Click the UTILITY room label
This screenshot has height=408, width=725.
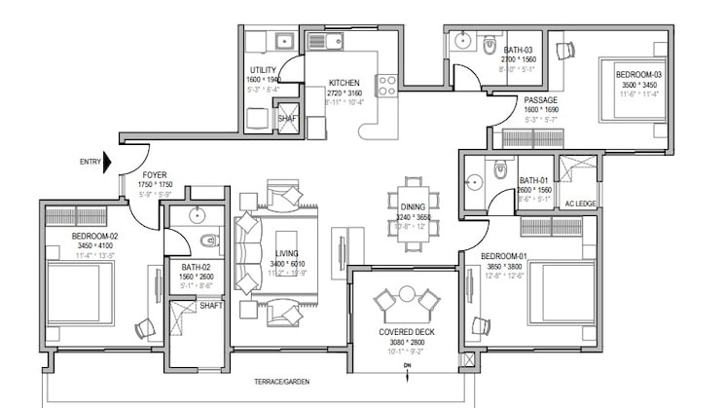click(264, 70)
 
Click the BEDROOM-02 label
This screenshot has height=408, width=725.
click(95, 237)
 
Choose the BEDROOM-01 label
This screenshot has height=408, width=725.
click(504, 257)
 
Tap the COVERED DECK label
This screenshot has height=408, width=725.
click(407, 332)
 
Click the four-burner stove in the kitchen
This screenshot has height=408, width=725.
click(386, 85)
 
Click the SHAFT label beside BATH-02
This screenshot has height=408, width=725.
click(210, 306)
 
